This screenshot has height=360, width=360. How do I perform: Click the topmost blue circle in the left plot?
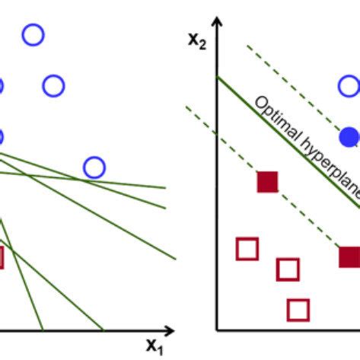click(33, 24)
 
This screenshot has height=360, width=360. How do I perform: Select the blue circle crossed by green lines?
click(94, 158)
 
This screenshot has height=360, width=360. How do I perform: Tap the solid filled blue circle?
click(350, 137)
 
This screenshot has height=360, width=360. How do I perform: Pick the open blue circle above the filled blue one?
click(349, 75)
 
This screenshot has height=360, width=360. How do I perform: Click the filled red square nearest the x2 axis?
click(267, 182)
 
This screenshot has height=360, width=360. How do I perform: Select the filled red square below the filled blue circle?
click(349, 256)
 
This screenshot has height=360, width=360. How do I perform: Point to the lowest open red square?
click(298, 301)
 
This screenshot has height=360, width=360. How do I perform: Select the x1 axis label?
click(155, 346)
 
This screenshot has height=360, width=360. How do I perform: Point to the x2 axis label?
click(197, 40)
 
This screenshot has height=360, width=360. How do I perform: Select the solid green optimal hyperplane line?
click(288, 142)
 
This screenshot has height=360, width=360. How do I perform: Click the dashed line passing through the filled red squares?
click(263, 177)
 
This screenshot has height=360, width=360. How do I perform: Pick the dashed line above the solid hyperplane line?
click(302, 95)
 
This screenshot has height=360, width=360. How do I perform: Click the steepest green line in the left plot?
click(21, 275)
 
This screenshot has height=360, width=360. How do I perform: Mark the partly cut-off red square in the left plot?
click(3, 257)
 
